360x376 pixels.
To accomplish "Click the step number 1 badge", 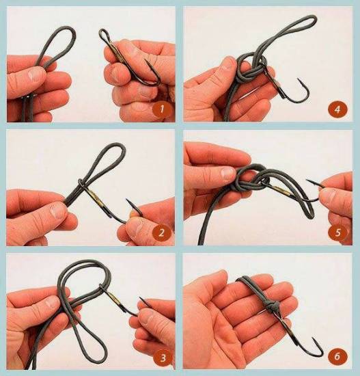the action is tap(162, 109).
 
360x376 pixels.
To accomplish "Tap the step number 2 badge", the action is tap(161, 232).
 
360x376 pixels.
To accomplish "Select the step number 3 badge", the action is tap(163, 358).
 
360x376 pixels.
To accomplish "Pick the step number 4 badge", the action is tap(337, 109).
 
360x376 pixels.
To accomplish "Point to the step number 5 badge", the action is tap(338, 232).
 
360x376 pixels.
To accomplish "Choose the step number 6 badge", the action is tap(337, 356).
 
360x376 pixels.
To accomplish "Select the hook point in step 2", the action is tap(128, 201).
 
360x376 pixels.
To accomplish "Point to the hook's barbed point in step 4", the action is tap(299, 80).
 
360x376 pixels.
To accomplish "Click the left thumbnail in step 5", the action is tap(227, 173).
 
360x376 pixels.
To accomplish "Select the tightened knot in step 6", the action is tap(273, 307).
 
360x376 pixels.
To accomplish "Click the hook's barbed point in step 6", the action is tap(314, 340).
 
